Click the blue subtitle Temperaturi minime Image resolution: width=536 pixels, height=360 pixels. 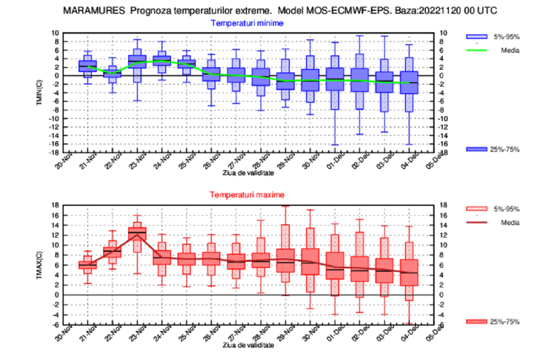click(247, 23)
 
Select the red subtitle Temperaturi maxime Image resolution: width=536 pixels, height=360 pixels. click(247, 195)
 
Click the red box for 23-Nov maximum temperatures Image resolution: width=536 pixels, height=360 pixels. click(138, 230)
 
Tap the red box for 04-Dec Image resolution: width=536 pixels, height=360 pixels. click(409, 272)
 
